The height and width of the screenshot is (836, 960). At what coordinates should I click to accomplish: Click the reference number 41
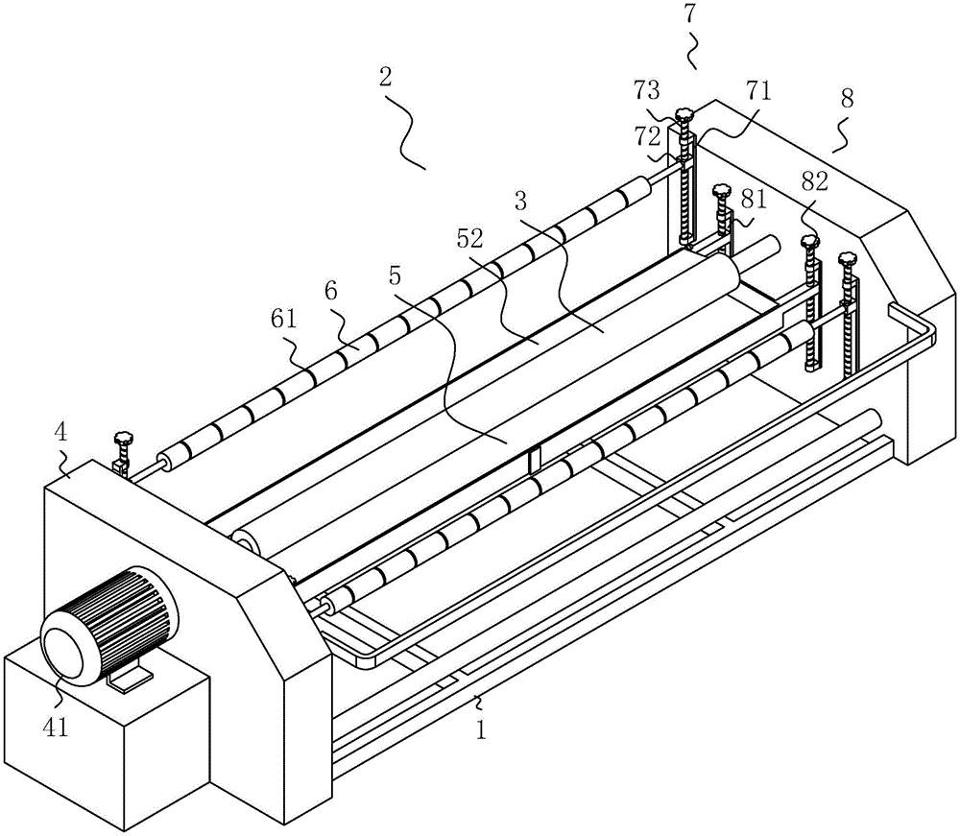point(57,728)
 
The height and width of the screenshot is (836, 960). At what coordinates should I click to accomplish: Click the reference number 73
point(646,91)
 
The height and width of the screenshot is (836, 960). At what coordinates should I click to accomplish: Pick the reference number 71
point(758,91)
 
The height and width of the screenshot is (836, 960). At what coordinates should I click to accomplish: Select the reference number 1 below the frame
point(481,729)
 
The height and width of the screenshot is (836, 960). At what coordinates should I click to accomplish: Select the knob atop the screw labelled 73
point(684,117)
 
